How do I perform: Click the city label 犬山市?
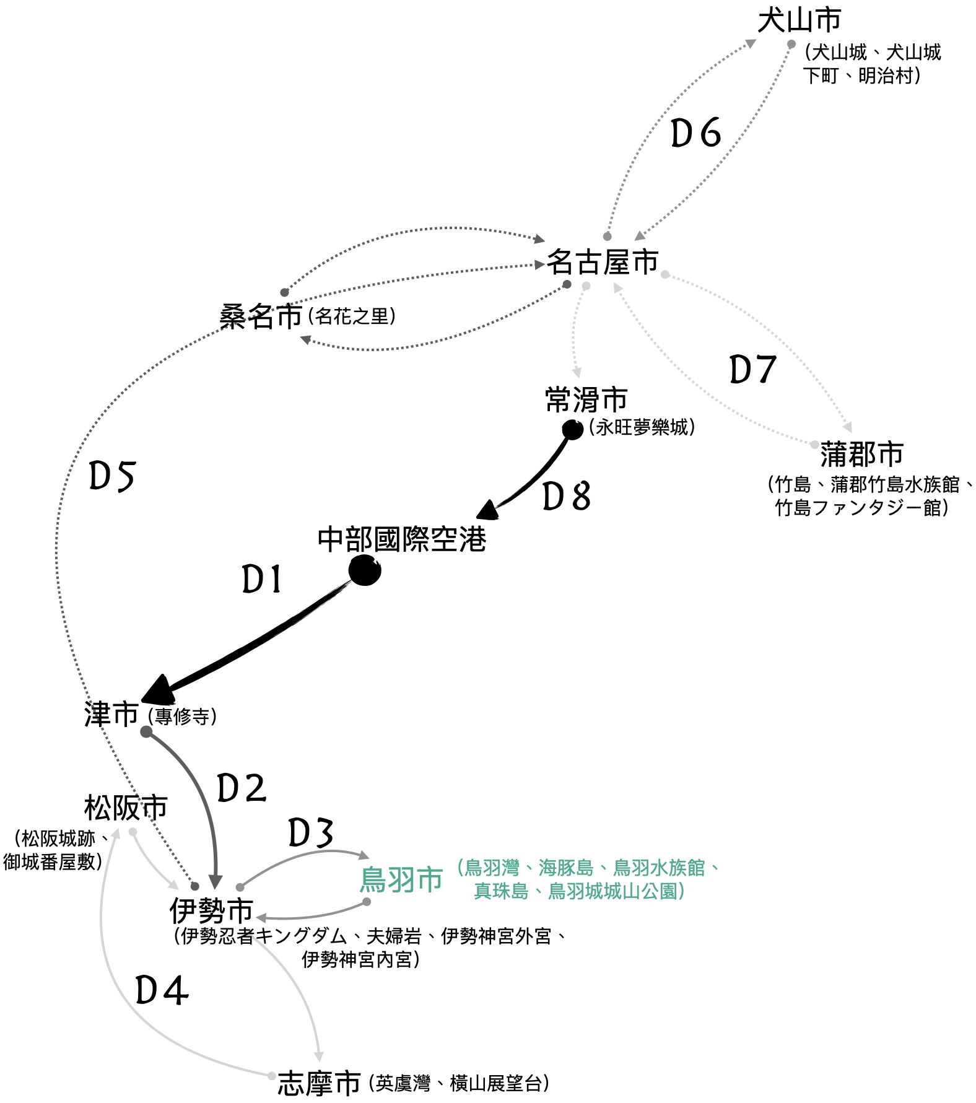tap(799, 20)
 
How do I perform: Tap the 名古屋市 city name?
tap(602, 263)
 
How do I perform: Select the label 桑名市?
tap(261, 317)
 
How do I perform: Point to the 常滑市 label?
tap(586, 399)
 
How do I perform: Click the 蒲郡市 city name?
tap(861, 454)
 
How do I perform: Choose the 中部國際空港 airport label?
tap(402, 539)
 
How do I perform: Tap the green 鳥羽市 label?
tap(401, 879)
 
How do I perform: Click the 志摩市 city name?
tap(319, 1083)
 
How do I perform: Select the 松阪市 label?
tap(126, 808)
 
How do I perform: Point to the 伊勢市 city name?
tap(211, 910)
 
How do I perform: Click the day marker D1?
tap(261, 580)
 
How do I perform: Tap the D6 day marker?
tap(696, 133)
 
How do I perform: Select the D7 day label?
tap(752, 370)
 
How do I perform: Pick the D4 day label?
tap(162, 991)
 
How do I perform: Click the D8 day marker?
tap(566, 496)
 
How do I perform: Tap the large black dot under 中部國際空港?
tap(364, 570)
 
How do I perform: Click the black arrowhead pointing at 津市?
tap(160, 688)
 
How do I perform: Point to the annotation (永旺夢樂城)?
tap(642, 427)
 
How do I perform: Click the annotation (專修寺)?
tap(183, 717)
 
